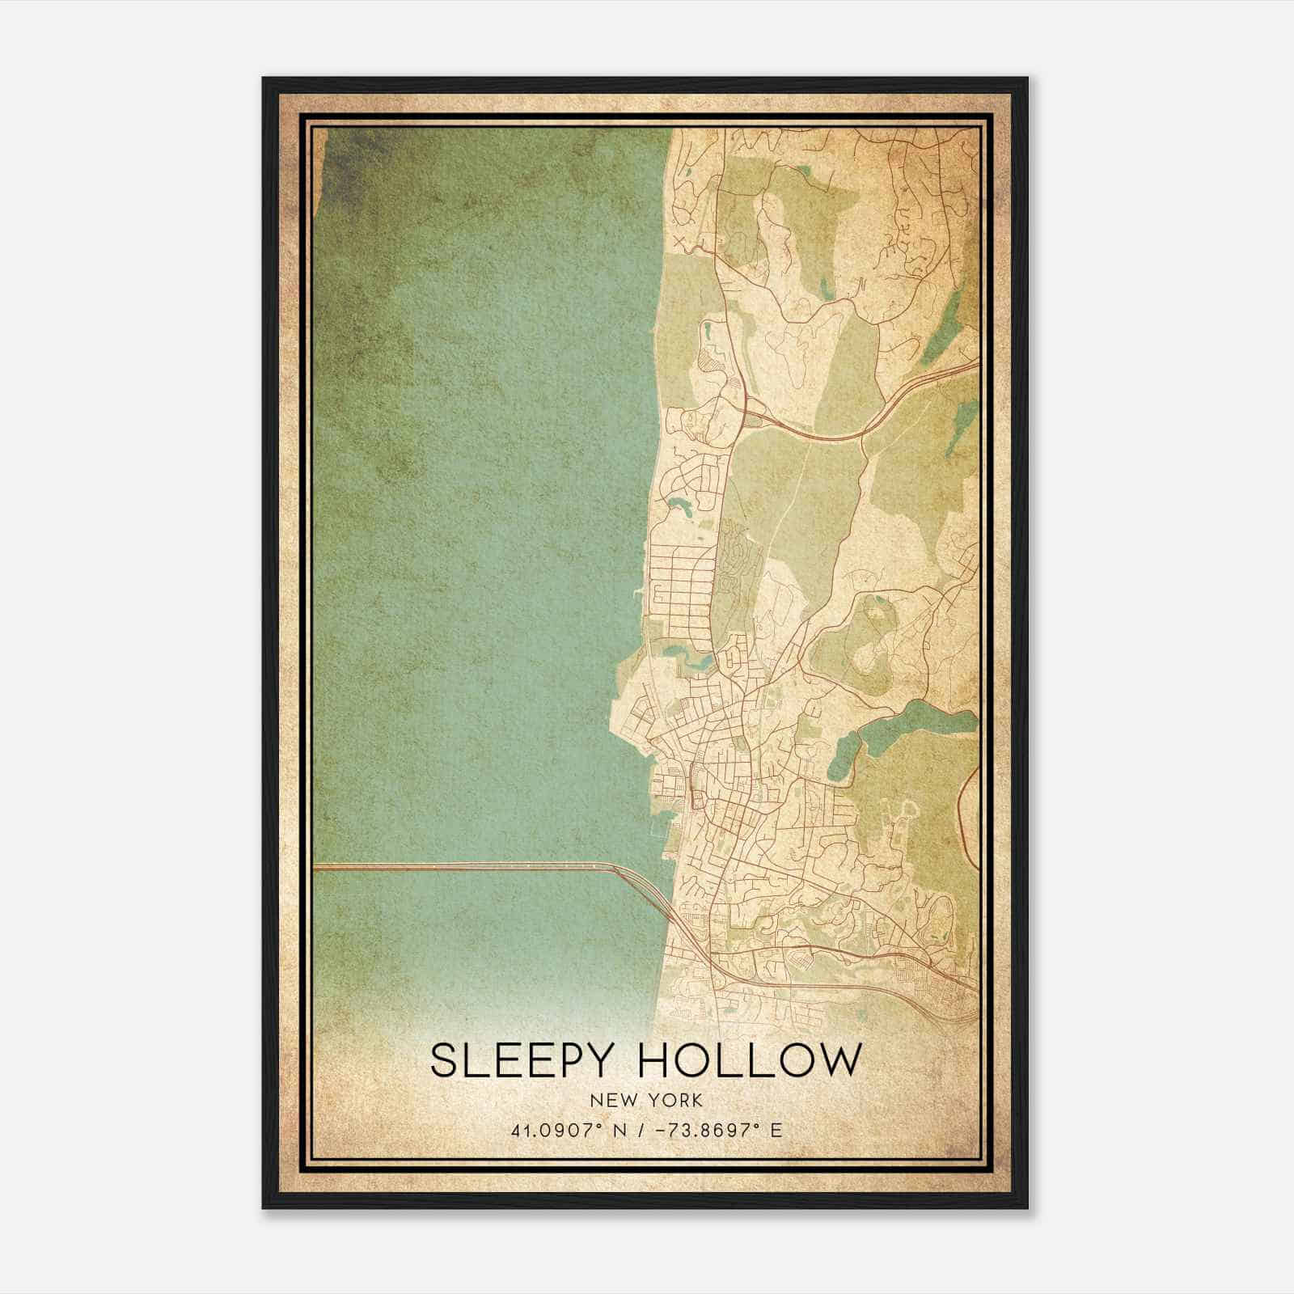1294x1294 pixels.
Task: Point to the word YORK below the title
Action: [674, 1101]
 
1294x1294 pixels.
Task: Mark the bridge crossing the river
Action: [461, 867]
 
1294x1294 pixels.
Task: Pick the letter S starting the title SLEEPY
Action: [442, 1061]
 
